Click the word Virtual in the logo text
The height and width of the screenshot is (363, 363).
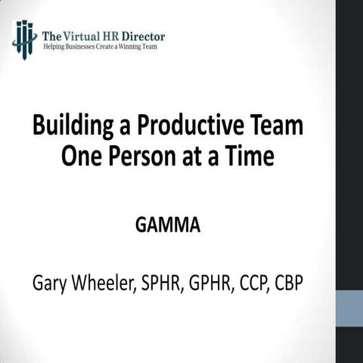[x=76, y=35]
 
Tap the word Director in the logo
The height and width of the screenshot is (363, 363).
[x=141, y=35]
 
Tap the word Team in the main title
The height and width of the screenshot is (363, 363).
[x=279, y=126]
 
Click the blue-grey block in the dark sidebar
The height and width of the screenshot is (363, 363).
[x=349, y=309]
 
